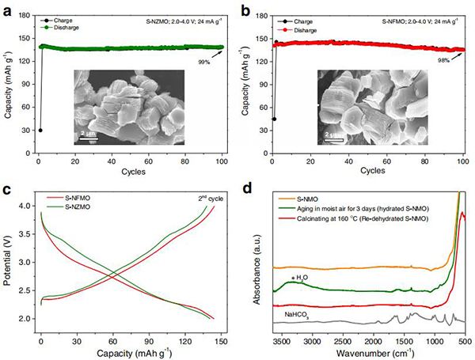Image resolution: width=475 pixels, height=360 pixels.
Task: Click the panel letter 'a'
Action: click(x=6, y=7)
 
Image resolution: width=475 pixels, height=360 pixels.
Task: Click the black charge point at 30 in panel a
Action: click(x=40, y=131)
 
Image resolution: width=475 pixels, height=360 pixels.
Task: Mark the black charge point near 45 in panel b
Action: click(x=274, y=119)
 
